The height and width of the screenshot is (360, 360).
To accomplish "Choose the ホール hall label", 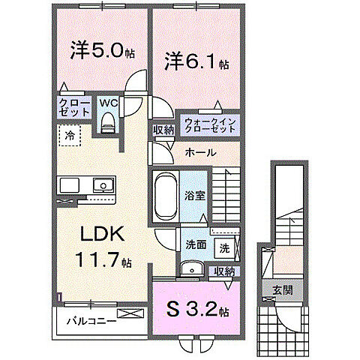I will click(x=200, y=152).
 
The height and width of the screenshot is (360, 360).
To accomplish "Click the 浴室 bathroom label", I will click(x=196, y=195).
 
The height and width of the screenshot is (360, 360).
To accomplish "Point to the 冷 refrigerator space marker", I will click(x=70, y=137).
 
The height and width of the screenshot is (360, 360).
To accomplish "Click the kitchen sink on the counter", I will click(x=100, y=186).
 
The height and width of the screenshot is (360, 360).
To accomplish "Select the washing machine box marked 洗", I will click(x=224, y=247).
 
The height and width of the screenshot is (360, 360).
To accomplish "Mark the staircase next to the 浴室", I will click(x=225, y=192).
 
